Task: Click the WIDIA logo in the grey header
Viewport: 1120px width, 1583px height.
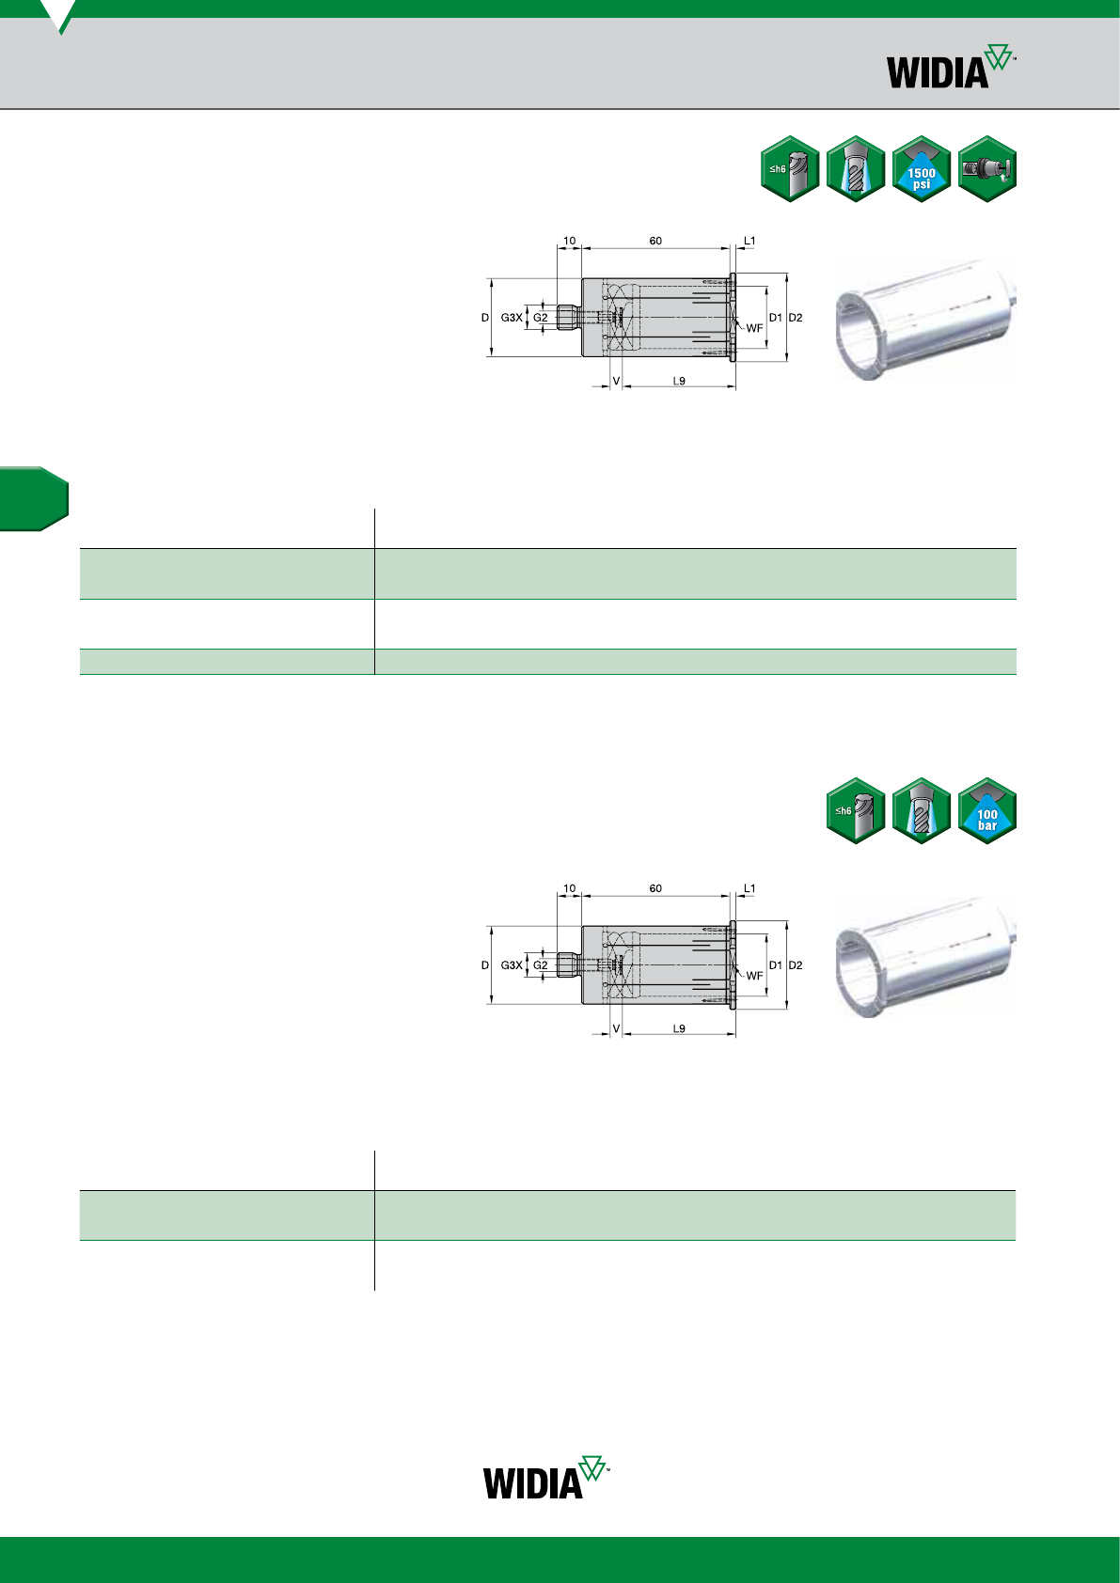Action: [951, 67]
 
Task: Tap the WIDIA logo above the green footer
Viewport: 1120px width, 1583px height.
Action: [545, 1477]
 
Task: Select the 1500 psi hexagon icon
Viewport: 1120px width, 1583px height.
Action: [922, 169]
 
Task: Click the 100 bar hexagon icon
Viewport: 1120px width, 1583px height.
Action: [987, 810]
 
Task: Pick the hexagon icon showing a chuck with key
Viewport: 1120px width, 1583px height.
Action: [987, 169]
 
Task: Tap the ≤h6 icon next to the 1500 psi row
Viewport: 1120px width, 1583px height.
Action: [790, 169]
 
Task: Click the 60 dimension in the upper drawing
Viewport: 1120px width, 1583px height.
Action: [655, 241]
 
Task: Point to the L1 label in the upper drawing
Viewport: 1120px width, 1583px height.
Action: [749, 241]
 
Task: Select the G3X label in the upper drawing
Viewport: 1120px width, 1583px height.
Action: [512, 318]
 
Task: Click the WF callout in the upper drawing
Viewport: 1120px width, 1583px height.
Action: [754, 328]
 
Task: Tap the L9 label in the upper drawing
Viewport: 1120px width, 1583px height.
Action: [679, 381]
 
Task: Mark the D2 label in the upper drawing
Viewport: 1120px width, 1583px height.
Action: [796, 318]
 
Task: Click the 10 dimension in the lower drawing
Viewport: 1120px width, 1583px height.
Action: [569, 888]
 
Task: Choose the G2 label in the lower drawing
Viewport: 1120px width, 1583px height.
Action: [540, 964]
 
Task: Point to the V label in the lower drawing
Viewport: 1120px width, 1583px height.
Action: [616, 1028]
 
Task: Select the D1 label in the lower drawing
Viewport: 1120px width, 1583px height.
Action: [776, 964]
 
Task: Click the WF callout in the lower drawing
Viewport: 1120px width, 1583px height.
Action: [754, 975]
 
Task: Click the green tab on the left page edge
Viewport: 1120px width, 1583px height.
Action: [34, 498]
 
